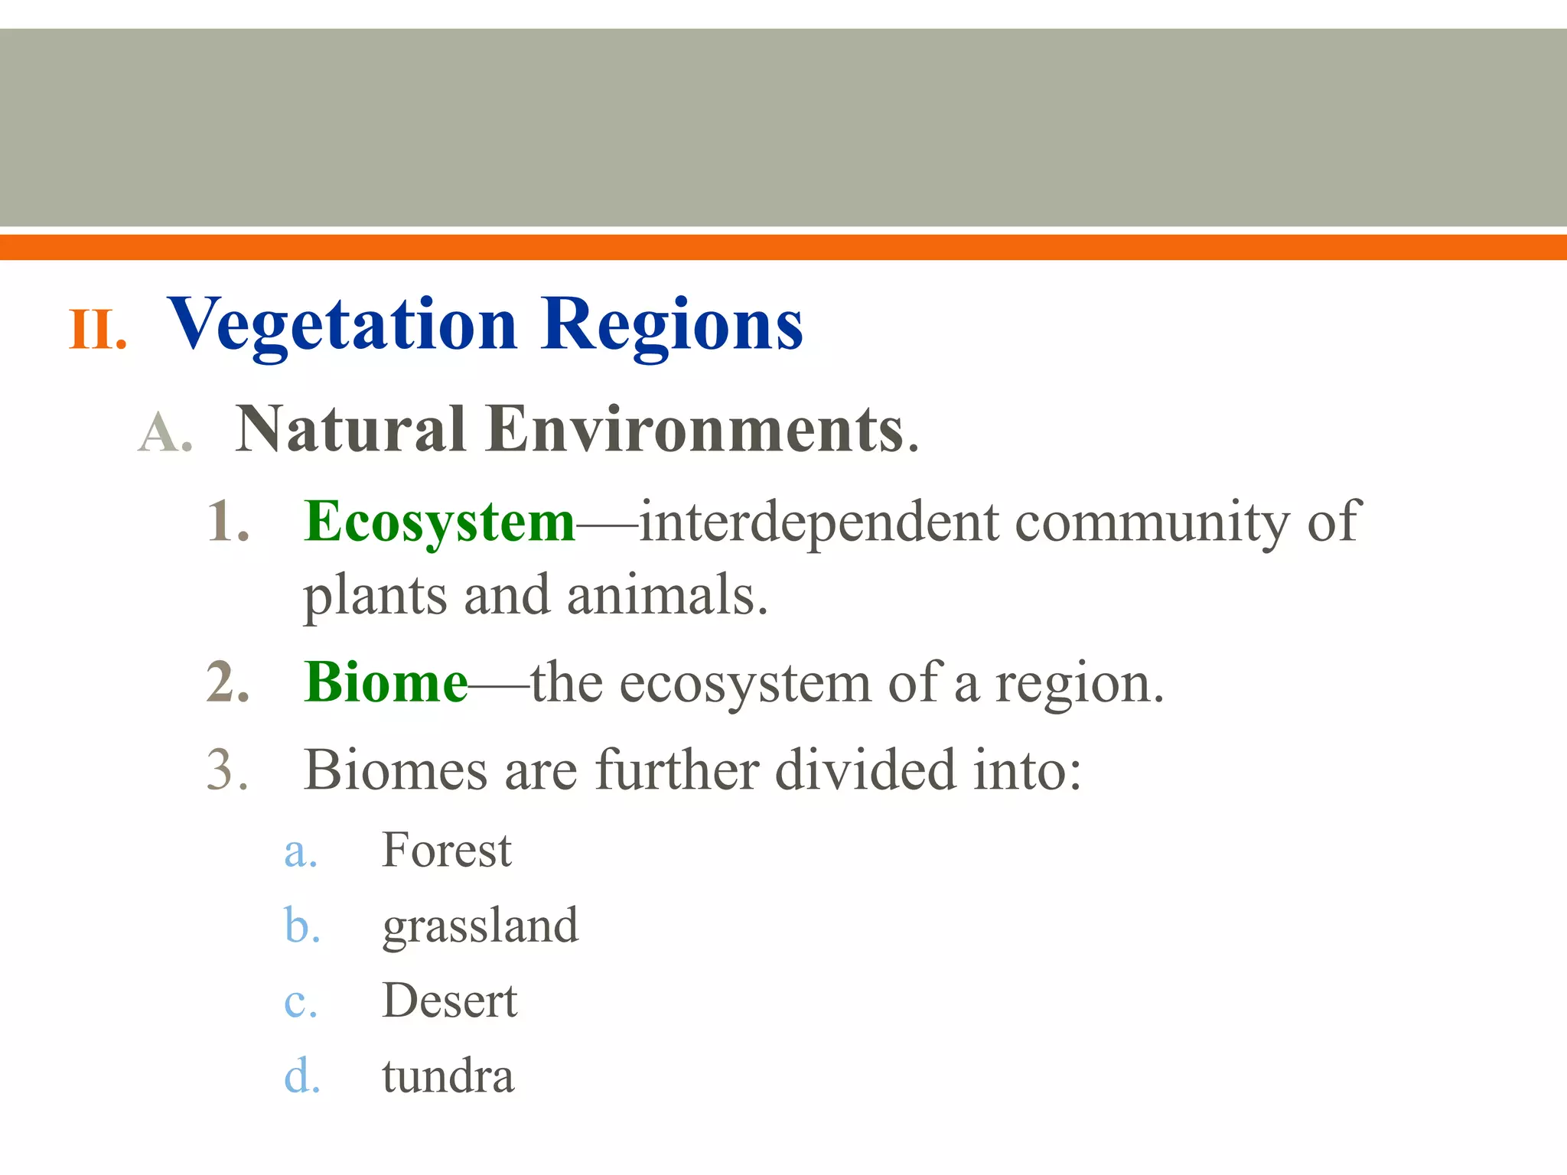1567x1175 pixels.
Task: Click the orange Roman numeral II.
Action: click(x=97, y=330)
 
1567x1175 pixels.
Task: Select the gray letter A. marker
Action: click(x=165, y=433)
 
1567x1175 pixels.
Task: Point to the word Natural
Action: click(x=350, y=429)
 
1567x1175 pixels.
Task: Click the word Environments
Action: click(x=696, y=429)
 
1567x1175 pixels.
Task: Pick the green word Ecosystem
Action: click(x=439, y=522)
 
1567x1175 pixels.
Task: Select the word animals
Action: click(x=666, y=595)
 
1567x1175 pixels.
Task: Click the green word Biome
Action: click(x=386, y=682)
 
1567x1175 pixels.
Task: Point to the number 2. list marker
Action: click(x=228, y=682)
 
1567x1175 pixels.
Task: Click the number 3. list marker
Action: click(x=228, y=770)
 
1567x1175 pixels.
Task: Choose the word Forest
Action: click(x=447, y=850)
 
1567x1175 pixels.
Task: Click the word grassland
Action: click(x=481, y=926)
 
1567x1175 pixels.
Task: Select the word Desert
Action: click(x=450, y=1001)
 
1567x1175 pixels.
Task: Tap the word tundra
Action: click(x=448, y=1076)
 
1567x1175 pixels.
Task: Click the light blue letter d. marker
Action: click(x=301, y=1076)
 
